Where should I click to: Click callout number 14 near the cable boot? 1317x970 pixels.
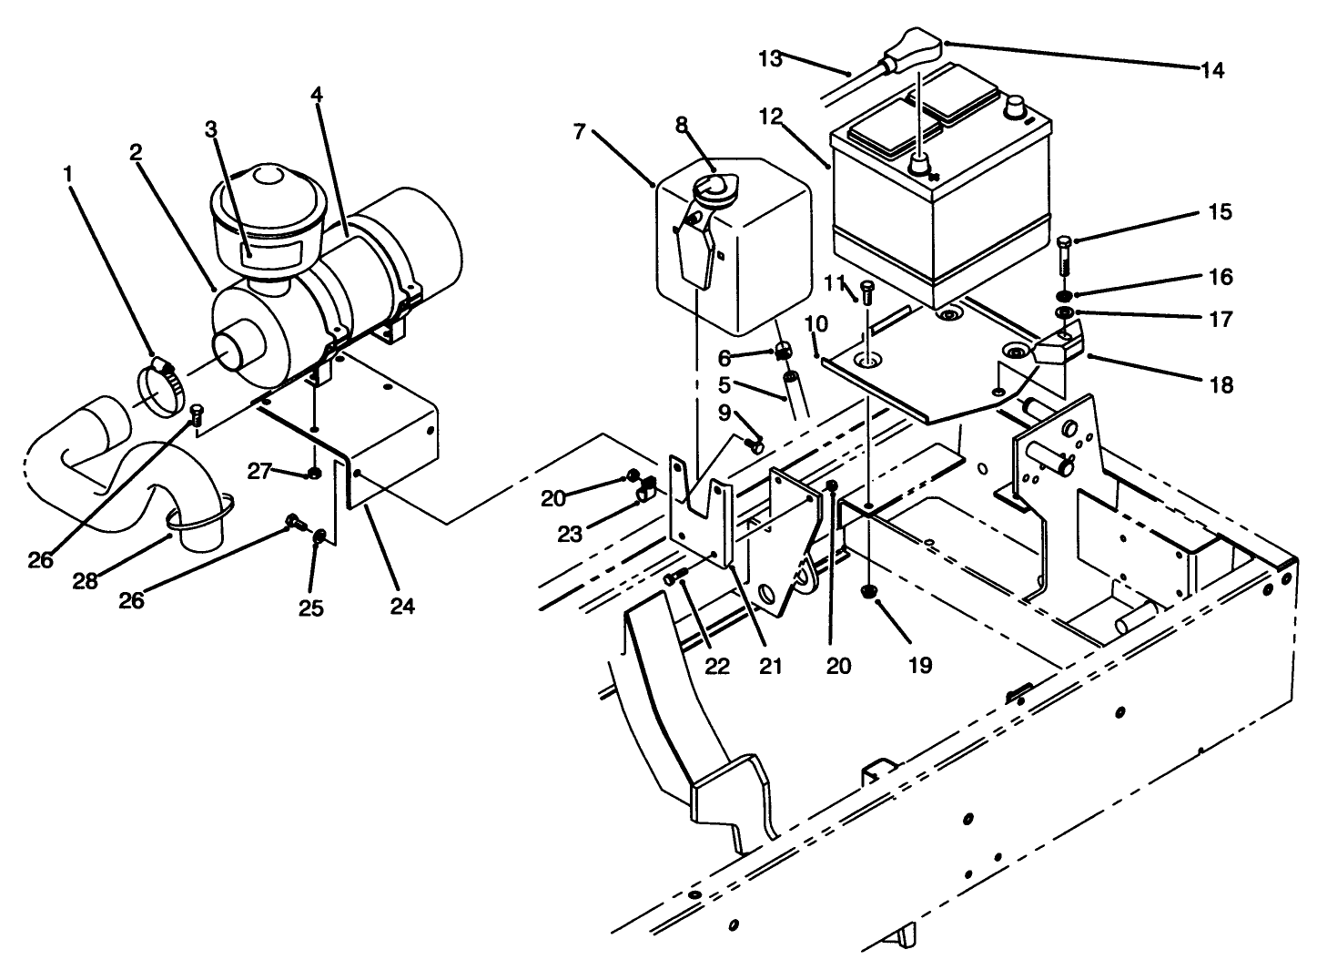[x=1212, y=70]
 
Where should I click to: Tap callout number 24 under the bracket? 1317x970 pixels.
[x=401, y=605]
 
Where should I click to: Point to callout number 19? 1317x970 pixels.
[x=920, y=665]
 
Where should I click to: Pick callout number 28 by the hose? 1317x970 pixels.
[x=86, y=580]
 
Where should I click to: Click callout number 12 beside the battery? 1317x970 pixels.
[x=771, y=116]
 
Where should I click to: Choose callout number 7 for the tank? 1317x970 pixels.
[x=579, y=132]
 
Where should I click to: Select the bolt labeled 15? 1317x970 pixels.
[x=1064, y=258]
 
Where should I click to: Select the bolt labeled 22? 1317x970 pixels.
[x=674, y=577]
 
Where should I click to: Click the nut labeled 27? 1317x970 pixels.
[x=313, y=473]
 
